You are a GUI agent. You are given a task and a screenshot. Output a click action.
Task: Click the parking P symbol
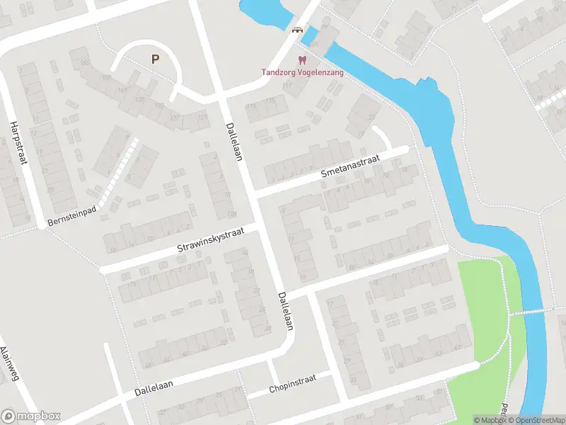pos(154,59)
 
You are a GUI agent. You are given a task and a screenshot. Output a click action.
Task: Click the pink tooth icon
pos(302,60)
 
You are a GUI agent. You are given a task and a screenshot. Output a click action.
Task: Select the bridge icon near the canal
pos(297,30)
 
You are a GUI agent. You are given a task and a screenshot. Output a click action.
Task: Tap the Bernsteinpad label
pos(71,217)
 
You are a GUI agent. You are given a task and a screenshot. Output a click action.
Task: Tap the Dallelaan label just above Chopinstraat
pos(285,311)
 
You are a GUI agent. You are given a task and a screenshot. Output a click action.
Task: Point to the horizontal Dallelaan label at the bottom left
pos(164,386)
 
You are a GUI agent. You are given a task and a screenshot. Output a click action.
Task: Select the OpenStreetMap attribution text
pos(538,420)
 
